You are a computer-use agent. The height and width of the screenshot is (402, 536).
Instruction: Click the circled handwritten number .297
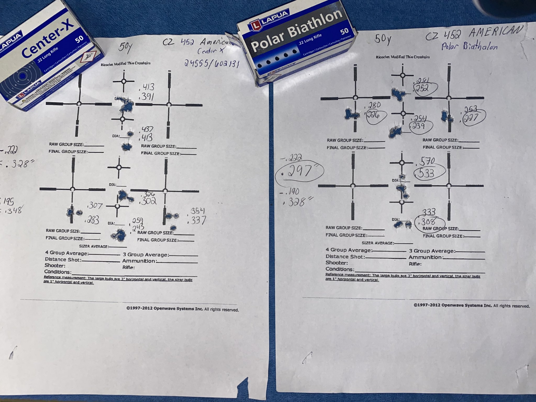299,171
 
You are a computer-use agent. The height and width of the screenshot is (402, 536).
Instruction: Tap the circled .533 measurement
426,173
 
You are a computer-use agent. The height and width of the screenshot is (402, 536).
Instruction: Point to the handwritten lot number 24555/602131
211,63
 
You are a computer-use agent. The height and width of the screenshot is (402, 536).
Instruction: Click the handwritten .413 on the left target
148,87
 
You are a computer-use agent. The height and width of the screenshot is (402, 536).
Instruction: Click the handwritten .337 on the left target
197,220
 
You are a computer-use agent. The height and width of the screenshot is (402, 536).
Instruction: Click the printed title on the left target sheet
125,64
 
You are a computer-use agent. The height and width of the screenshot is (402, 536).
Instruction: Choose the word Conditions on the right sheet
339,269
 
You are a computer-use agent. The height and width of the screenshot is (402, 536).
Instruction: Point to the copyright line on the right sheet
472,306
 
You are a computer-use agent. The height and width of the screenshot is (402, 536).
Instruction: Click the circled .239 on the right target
418,126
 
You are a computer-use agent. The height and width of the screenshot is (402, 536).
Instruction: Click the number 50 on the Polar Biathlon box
344,31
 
